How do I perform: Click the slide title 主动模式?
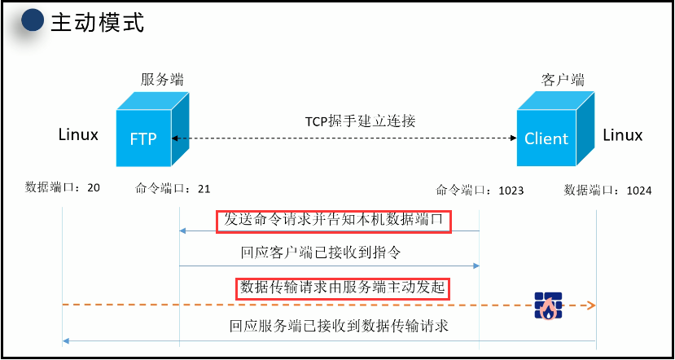pos(97,22)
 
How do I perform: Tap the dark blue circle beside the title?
pos(33,22)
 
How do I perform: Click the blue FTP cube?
pos(147,130)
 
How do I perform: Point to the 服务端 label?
pos(162,80)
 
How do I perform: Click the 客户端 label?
pos(563,80)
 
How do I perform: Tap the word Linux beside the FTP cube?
pos(78,134)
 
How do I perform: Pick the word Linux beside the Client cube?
pos(623,135)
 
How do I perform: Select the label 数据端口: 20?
pos(63,187)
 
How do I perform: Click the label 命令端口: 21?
pos(173,189)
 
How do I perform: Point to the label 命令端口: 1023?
pos(480,190)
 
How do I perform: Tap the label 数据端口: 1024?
pos(608,190)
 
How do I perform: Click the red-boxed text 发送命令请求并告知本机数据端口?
pos(334,221)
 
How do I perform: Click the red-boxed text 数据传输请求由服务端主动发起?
pos(344,288)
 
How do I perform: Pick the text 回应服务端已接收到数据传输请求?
pos(340,327)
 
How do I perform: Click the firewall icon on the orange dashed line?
pos(547,305)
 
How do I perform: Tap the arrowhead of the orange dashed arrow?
pos(592,305)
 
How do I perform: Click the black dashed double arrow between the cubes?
pos(342,140)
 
